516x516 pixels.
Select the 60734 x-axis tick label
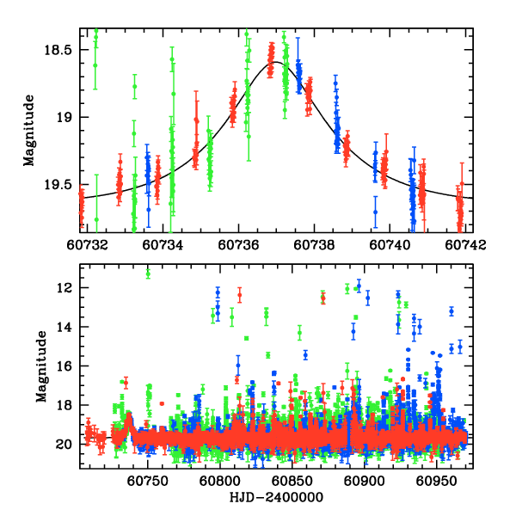159,244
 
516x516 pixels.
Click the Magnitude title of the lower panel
41,365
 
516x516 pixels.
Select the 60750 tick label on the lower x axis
150,480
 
